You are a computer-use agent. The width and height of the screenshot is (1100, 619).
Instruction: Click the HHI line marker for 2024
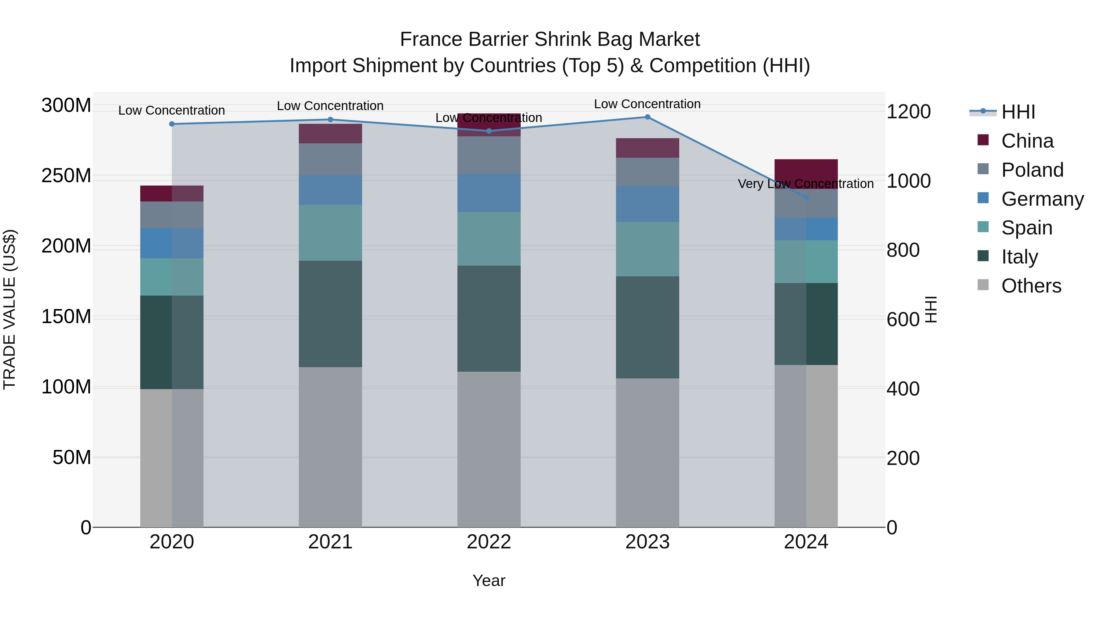[806, 197]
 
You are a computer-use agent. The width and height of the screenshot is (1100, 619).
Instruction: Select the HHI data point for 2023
[647, 117]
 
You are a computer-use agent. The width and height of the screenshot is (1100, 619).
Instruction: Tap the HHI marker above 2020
[172, 124]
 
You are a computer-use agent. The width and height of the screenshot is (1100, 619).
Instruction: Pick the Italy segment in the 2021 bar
[330, 314]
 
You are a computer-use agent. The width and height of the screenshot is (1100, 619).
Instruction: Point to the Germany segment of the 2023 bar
[647, 204]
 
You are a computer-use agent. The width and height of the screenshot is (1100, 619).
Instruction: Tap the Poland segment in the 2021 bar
[330, 159]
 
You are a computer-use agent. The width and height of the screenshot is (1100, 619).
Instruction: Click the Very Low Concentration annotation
[805, 184]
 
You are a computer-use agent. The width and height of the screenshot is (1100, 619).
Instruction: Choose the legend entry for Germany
[1042, 199]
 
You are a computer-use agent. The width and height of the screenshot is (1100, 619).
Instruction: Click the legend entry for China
[1027, 141]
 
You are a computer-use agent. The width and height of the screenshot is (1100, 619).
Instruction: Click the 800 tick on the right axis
[903, 250]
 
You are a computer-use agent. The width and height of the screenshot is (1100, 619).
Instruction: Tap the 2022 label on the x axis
[489, 542]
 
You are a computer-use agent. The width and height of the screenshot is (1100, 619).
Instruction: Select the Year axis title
[489, 580]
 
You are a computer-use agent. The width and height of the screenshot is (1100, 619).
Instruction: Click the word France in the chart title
[431, 40]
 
